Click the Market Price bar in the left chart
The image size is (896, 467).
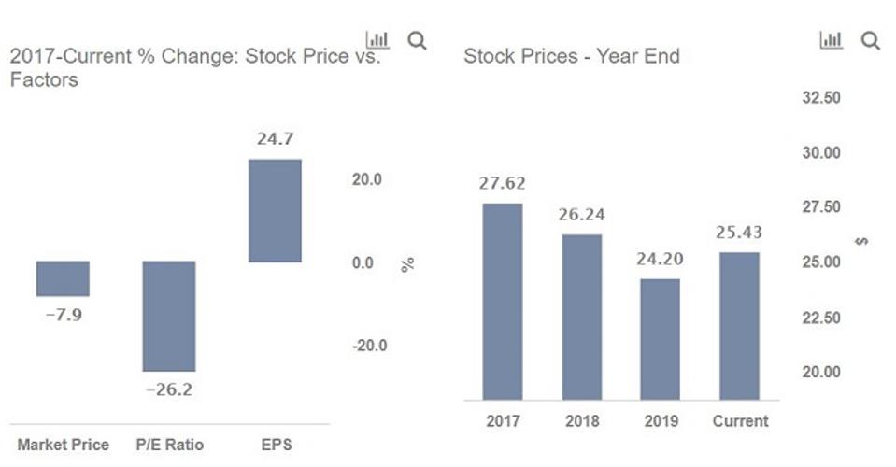(x=63, y=278)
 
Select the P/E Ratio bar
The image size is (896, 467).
(x=169, y=316)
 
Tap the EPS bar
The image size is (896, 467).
(x=275, y=210)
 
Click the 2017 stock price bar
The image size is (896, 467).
(x=503, y=301)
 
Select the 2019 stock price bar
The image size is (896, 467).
(x=661, y=339)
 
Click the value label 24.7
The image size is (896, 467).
(x=275, y=139)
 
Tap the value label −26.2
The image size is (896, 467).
(x=169, y=389)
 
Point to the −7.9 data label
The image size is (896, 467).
(x=64, y=315)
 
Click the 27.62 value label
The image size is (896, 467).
(x=503, y=183)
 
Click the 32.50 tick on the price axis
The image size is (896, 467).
(x=822, y=97)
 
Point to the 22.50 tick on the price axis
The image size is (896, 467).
(x=822, y=318)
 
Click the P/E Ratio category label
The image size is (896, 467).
(x=169, y=445)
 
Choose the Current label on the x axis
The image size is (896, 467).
(x=740, y=421)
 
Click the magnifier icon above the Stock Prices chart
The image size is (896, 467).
(x=870, y=40)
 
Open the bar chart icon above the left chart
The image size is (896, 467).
(x=377, y=39)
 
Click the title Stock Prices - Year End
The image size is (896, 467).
(x=572, y=56)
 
